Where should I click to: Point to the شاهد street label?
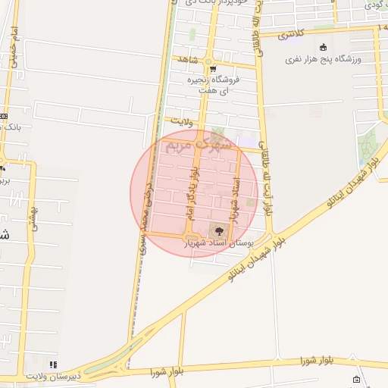[x=186, y=58]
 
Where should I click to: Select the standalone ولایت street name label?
[x=183, y=120]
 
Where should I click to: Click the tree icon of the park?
[x=219, y=230]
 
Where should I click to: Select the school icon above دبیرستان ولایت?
[x=52, y=365]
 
